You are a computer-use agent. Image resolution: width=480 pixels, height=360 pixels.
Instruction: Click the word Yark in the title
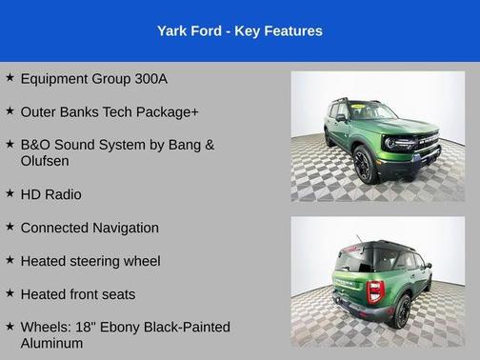click(x=173, y=31)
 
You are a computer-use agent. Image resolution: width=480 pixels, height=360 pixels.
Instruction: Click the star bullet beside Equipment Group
click(x=9, y=78)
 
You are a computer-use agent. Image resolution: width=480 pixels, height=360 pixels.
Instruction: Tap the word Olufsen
click(x=44, y=161)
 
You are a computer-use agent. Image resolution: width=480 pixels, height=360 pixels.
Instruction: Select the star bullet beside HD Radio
click(x=9, y=194)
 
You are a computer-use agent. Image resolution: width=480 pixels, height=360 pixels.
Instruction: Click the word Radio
click(x=63, y=194)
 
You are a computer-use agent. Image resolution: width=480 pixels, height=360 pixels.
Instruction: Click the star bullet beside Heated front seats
click(x=9, y=294)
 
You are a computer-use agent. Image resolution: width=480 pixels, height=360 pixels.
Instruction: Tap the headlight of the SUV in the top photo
click(x=390, y=143)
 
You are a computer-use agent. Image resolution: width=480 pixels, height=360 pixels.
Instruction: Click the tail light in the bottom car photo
click(x=375, y=289)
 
